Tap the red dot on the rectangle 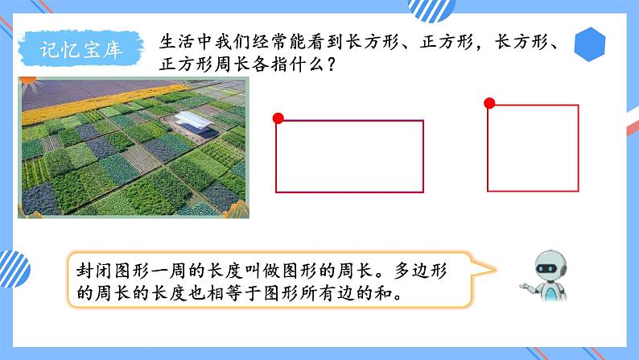(x=278, y=119)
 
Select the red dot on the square (x=489, y=103)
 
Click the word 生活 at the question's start (x=175, y=40)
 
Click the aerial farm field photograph (x=131, y=146)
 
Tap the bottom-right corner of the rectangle (x=423, y=192)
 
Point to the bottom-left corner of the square (x=488, y=192)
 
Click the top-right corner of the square (x=578, y=105)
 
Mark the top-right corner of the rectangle (x=423, y=121)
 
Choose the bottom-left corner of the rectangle (x=276, y=192)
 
